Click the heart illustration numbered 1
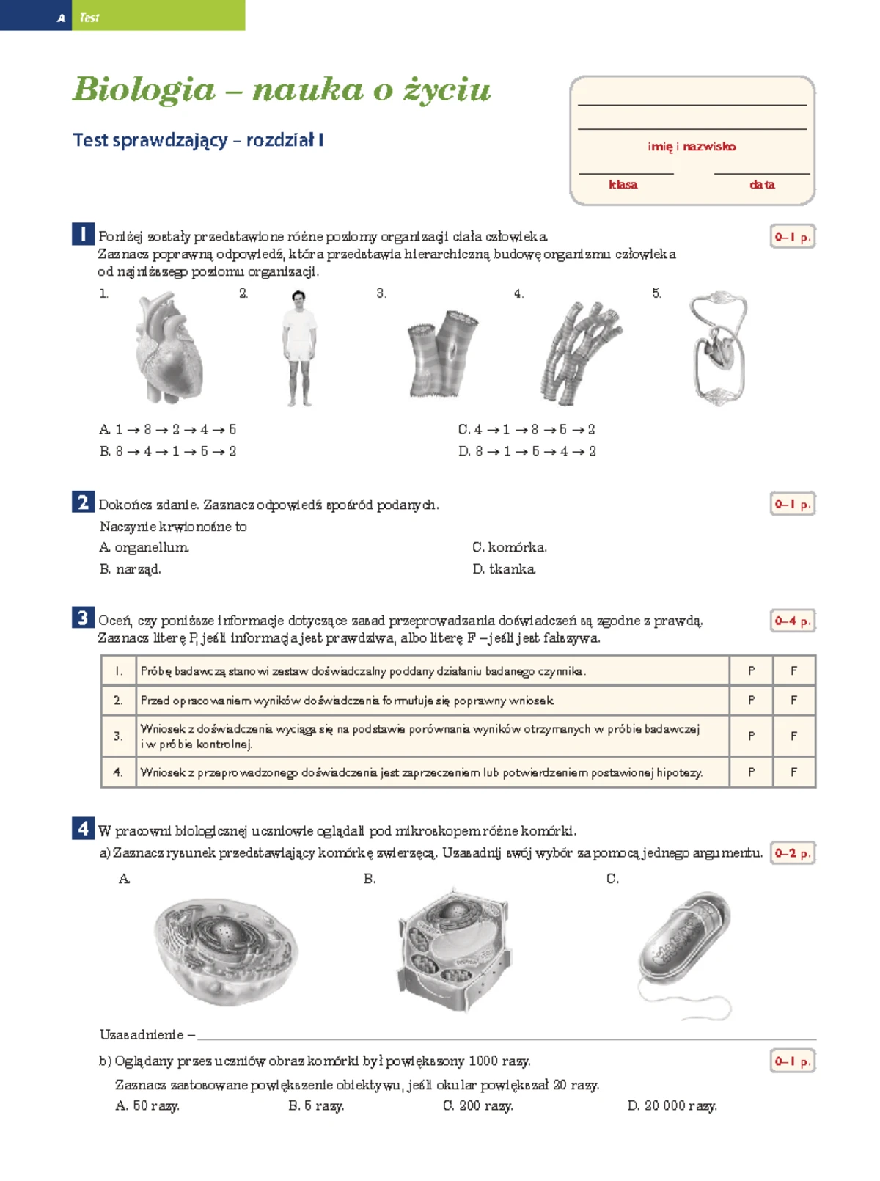[169, 348]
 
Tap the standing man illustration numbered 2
[298, 348]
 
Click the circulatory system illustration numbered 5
[718, 348]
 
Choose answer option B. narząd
[131, 569]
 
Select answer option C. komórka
[510, 548]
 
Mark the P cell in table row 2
[751, 701]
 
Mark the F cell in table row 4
[793, 772]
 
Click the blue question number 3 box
[83, 618]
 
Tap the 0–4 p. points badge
[792, 621]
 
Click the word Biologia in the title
[144, 89]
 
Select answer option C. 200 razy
[477, 1105]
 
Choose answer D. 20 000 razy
[672, 1105]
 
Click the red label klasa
[623, 185]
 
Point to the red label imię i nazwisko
[692, 147]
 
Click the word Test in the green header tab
[89, 18]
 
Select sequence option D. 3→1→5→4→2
[527, 452]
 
